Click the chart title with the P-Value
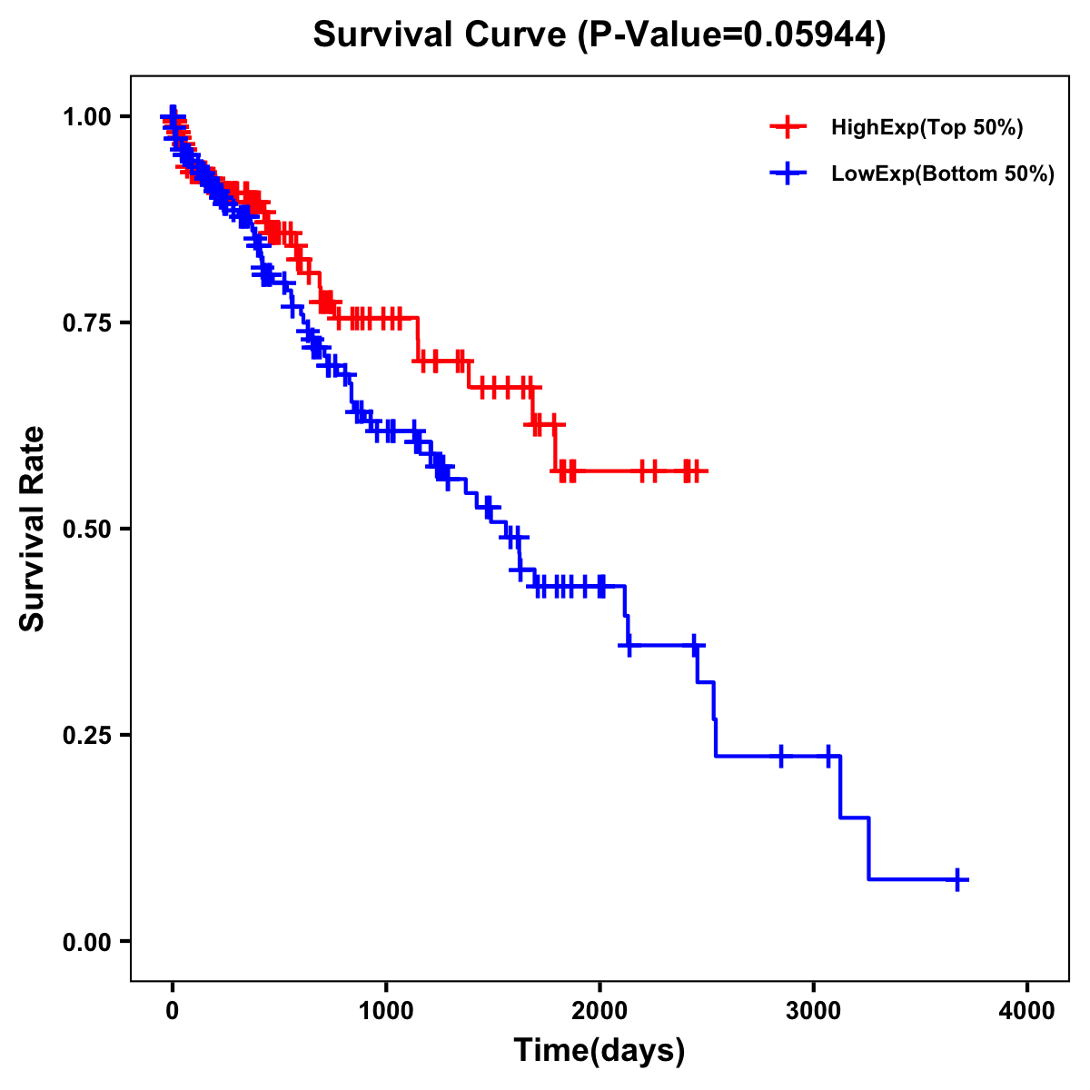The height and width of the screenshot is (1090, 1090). (599, 35)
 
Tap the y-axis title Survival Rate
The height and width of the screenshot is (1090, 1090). (33, 528)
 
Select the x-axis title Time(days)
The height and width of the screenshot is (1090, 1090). (599, 1051)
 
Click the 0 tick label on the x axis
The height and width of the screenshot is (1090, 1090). (173, 1012)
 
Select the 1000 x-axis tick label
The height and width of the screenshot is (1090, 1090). (386, 1012)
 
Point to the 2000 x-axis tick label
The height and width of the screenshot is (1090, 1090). (599, 1012)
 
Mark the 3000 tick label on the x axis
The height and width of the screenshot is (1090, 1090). (814, 1012)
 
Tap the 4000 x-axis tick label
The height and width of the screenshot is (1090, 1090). (1027, 1012)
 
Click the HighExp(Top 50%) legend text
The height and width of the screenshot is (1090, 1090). (926, 128)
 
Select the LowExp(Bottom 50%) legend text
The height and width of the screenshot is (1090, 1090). (943, 174)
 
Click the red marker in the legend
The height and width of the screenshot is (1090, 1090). (788, 127)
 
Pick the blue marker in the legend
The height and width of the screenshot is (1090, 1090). (788, 173)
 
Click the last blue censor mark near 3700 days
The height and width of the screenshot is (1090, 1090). (957, 879)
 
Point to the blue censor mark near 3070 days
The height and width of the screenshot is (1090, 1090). (828, 756)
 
